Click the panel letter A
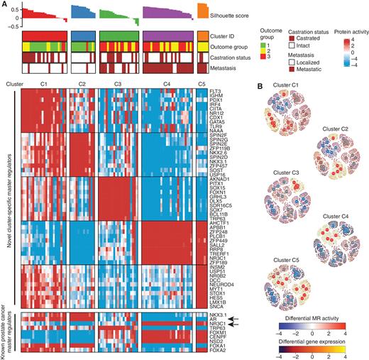pos(5,5)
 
